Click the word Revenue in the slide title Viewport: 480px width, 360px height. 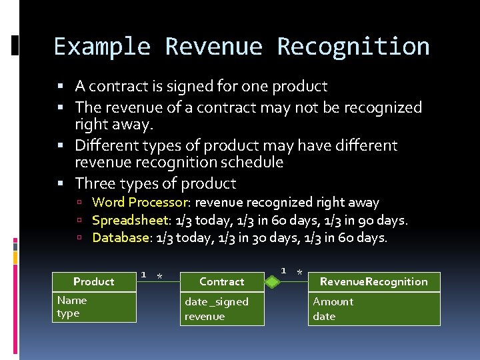[x=215, y=47]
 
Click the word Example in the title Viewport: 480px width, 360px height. [x=102, y=47]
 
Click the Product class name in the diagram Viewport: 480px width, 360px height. [x=94, y=281]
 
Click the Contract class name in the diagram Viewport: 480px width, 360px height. [x=222, y=281]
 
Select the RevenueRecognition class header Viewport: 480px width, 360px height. [x=373, y=281]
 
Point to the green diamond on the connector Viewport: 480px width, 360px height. [x=271, y=282]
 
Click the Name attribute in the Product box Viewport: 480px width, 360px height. [x=72, y=300]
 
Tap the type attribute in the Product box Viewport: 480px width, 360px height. [x=68, y=313]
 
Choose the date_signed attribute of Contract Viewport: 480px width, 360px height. [x=217, y=302]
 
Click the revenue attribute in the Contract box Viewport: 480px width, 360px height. [x=205, y=316]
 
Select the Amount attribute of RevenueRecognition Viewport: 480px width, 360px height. [x=333, y=301]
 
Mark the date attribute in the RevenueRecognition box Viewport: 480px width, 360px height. [x=324, y=316]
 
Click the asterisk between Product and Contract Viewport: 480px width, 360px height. [x=159, y=277]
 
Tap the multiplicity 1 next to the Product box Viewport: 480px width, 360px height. [x=143, y=274]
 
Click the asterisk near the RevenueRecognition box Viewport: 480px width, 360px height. [x=300, y=273]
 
